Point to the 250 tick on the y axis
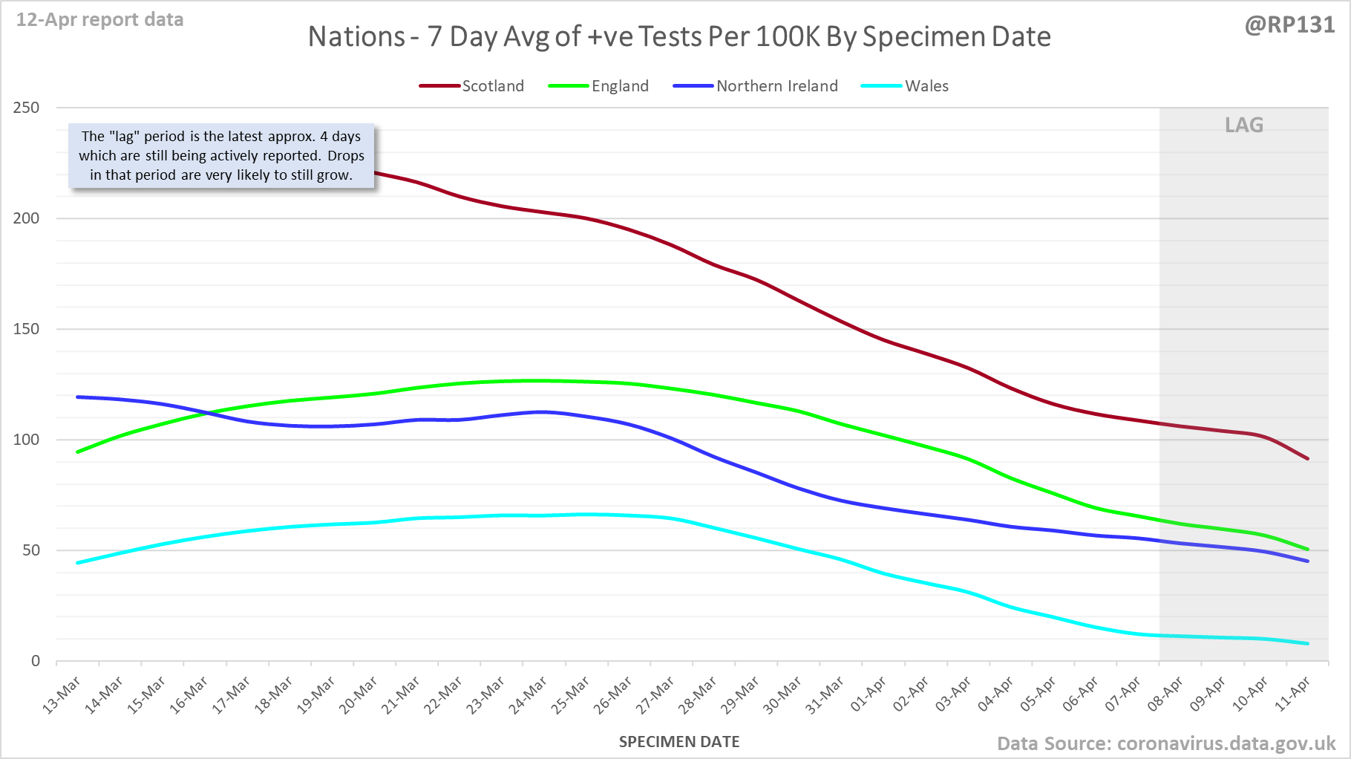point(27,108)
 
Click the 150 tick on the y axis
point(27,329)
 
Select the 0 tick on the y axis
point(36,661)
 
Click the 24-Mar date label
point(529,696)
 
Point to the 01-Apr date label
point(868,696)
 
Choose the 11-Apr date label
point(1293,696)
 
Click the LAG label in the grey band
point(1244,125)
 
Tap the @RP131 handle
point(1289,25)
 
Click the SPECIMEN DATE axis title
point(679,742)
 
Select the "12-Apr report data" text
point(100,20)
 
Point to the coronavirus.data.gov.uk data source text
point(1226,743)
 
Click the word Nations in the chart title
point(356,36)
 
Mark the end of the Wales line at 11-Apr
point(1307,643)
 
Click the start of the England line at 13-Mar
point(78,452)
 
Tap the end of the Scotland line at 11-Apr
point(1307,459)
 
